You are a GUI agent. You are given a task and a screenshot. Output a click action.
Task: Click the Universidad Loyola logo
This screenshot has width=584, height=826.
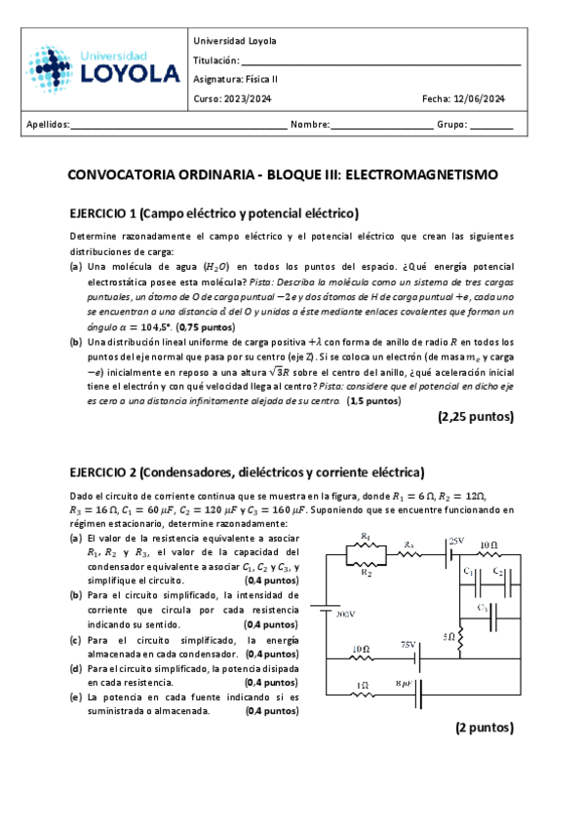pyautogui.click(x=102, y=67)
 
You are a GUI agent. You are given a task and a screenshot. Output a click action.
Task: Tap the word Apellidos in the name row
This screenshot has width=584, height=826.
pyautogui.click(x=47, y=125)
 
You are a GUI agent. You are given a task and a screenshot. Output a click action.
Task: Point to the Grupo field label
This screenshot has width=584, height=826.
pyautogui.click(x=452, y=125)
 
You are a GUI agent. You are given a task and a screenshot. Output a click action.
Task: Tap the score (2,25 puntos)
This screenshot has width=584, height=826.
pyautogui.click(x=475, y=416)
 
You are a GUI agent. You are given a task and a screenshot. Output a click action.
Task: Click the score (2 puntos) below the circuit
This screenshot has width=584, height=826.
pyautogui.click(x=484, y=727)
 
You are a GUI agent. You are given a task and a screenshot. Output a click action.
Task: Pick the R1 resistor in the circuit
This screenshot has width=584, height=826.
pyautogui.click(x=366, y=545)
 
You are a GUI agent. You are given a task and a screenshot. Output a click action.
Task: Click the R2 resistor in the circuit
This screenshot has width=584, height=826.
pyautogui.click(x=366, y=564)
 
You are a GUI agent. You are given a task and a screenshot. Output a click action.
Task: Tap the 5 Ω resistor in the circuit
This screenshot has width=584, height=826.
pyautogui.click(x=461, y=637)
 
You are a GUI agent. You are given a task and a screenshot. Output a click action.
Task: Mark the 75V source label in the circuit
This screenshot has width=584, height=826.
pyautogui.click(x=409, y=645)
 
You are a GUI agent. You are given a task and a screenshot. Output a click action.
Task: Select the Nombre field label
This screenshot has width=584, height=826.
pyautogui.click(x=310, y=125)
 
